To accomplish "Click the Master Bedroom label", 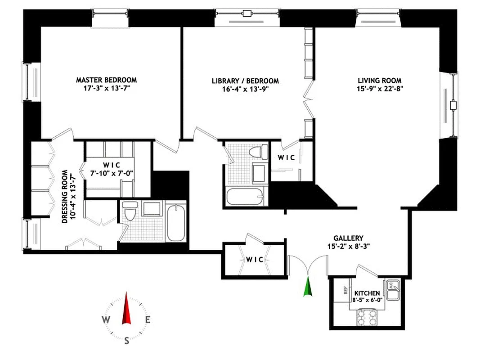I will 106,80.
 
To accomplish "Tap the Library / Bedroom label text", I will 245,81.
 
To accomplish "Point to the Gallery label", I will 348,238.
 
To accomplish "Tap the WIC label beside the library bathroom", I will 286,157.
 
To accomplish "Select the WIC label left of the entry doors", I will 254,260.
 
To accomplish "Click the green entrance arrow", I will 308,288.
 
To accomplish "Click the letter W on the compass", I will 105,320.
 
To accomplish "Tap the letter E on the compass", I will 148,320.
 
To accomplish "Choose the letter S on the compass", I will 126,341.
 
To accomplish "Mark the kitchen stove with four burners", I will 367,318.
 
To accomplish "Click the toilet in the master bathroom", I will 130,212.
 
